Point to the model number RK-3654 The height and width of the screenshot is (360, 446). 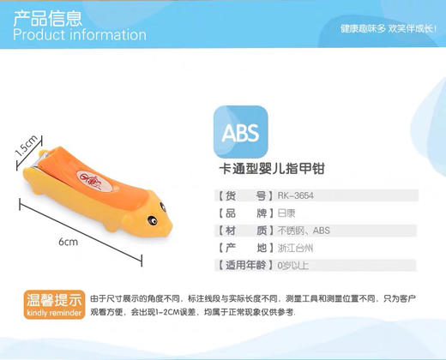[296, 195]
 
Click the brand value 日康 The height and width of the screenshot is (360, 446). [286, 213]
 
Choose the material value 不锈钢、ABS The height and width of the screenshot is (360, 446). [304, 231]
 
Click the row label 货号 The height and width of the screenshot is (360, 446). [244, 195]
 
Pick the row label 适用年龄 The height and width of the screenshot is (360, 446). [244, 265]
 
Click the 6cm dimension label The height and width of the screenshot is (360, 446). [69, 243]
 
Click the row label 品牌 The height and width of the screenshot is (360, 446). [244, 213]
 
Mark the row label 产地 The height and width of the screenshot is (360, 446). [244, 248]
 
